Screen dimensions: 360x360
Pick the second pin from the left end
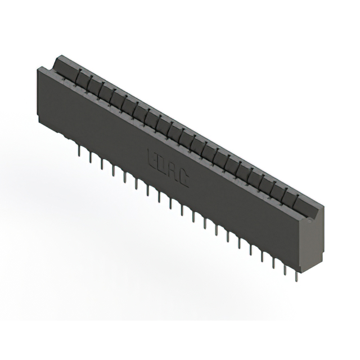click(91, 157)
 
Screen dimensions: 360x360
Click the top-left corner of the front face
click(38, 69)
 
